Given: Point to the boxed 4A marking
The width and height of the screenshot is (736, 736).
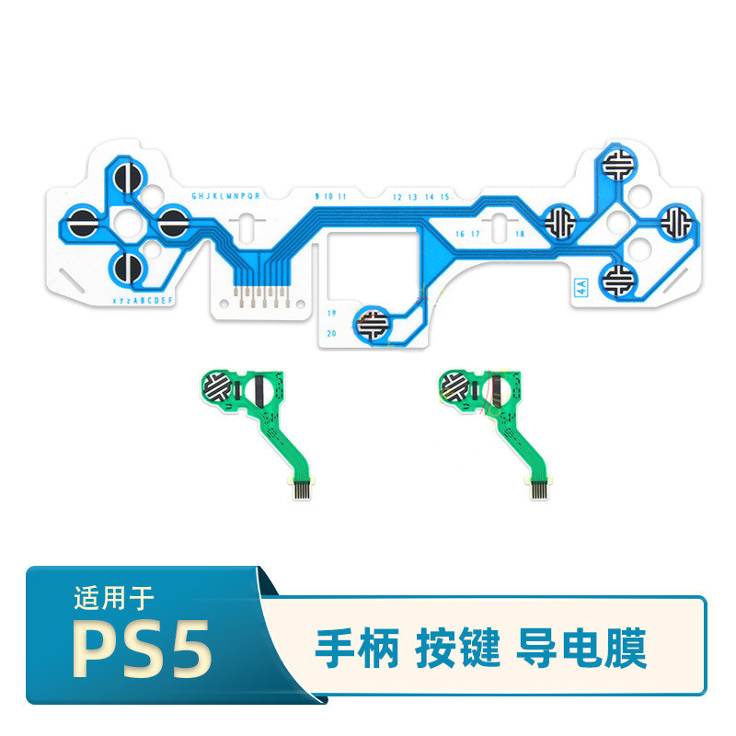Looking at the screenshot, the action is coord(581,286).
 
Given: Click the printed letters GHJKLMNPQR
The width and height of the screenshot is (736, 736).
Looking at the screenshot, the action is coord(225,196).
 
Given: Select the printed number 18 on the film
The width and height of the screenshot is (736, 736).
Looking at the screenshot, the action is coord(520,234).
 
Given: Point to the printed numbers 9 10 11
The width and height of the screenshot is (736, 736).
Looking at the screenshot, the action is coord(330,197).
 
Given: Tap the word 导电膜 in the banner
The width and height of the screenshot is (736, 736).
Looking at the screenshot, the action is coord(582,649).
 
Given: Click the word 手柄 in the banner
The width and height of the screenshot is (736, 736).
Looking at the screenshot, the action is coord(357,649).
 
